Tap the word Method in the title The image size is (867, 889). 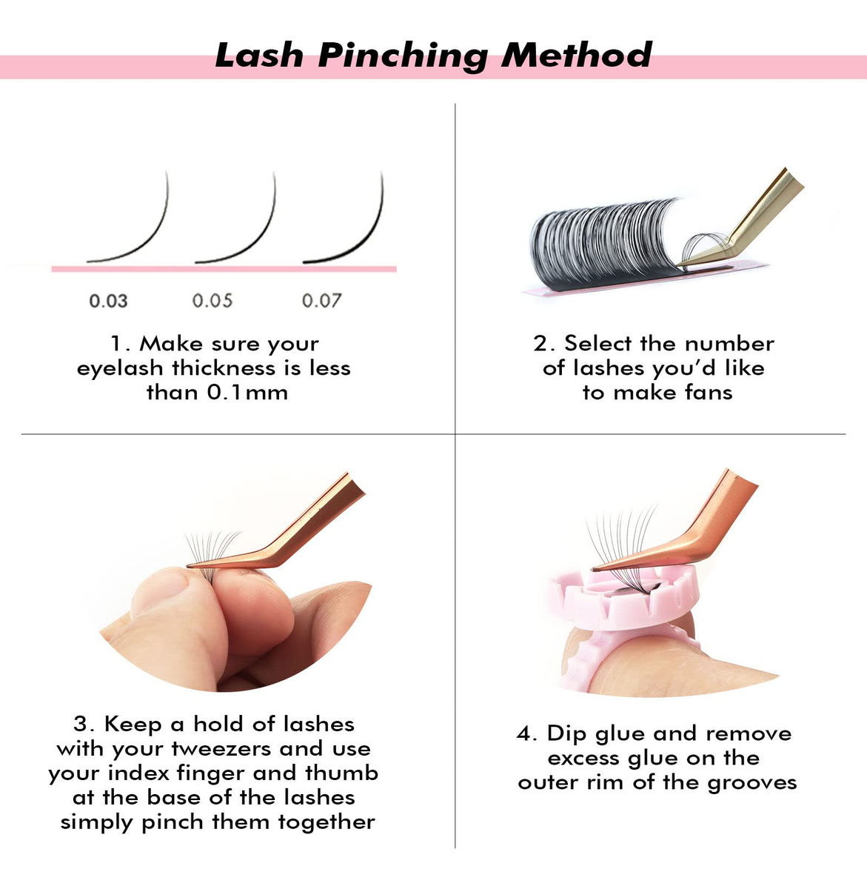pos(577,55)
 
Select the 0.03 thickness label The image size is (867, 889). pos(108,301)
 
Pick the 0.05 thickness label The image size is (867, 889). pos(212,301)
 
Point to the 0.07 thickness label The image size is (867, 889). pos(321,301)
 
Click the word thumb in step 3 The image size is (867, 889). pos(341,773)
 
